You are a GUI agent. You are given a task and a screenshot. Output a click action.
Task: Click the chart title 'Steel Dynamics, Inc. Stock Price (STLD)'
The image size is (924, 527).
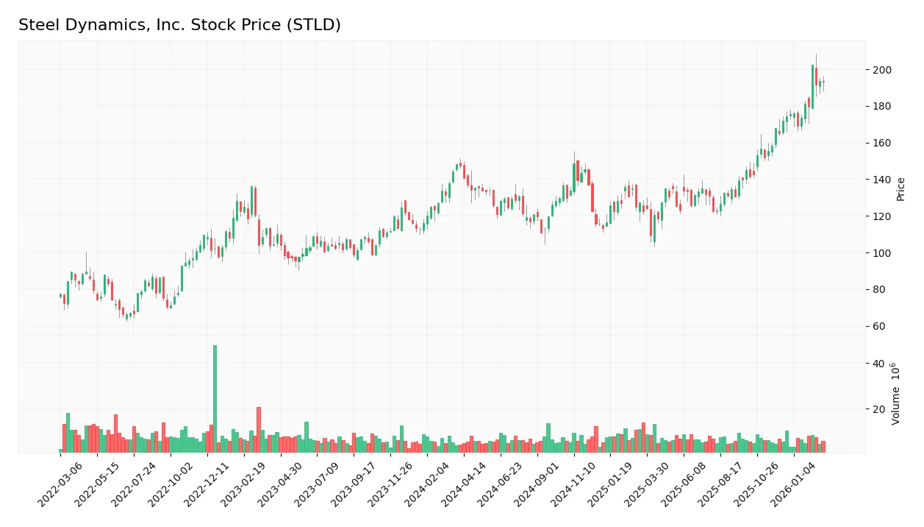pyautogui.click(x=179, y=25)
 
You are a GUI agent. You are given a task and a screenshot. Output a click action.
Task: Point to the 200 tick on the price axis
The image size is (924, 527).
pyautogui.click(x=881, y=70)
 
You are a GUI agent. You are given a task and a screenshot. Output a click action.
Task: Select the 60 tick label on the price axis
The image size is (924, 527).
pyautogui.click(x=878, y=327)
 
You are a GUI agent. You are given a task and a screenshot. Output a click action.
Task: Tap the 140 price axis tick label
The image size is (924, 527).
pyautogui.click(x=881, y=180)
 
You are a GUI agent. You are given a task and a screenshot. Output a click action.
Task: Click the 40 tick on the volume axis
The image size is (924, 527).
pyautogui.click(x=878, y=364)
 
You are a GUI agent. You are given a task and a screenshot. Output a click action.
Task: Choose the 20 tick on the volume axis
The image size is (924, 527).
pyautogui.click(x=878, y=408)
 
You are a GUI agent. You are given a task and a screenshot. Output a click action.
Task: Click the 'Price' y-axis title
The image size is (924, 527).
pyautogui.click(x=900, y=189)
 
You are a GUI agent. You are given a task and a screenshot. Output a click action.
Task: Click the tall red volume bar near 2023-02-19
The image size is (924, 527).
pyautogui.click(x=259, y=429)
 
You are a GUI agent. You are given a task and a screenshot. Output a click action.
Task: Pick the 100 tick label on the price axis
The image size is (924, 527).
pyautogui.click(x=881, y=253)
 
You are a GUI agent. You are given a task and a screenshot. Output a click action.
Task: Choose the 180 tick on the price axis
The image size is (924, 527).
pyautogui.click(x=881, y=107)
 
